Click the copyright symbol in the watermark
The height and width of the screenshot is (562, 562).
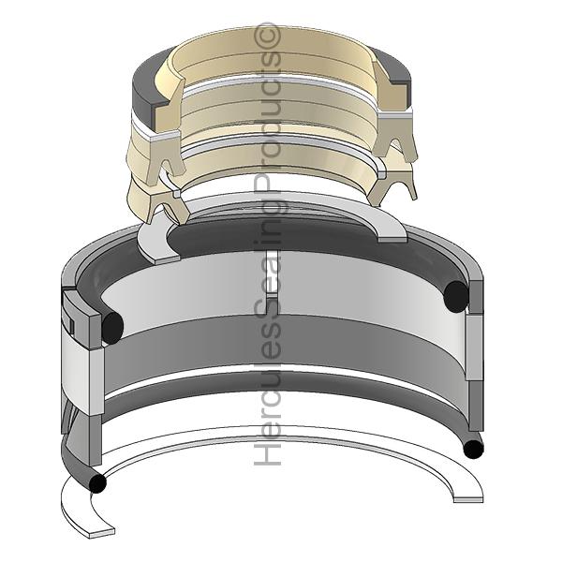pos(267,36)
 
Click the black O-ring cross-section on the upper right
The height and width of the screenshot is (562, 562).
pos(456,296)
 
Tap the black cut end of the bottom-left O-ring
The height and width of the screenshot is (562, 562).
pos(97,483)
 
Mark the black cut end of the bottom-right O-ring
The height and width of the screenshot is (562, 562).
pos(473,449)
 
